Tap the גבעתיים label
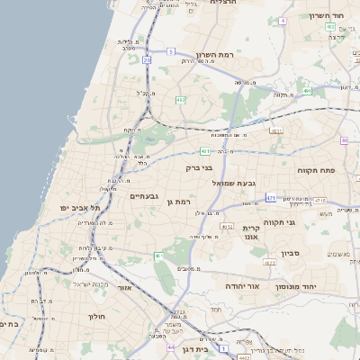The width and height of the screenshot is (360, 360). (x=144, y=195)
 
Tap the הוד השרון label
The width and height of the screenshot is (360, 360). (x=327, y=15)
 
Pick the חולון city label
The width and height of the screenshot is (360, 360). (x=97, y=317)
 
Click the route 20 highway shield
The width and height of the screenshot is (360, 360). (x=147, y=60)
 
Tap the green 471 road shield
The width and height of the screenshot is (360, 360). (x=271, y=197)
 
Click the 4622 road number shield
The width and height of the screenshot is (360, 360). (x=270, y=263)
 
